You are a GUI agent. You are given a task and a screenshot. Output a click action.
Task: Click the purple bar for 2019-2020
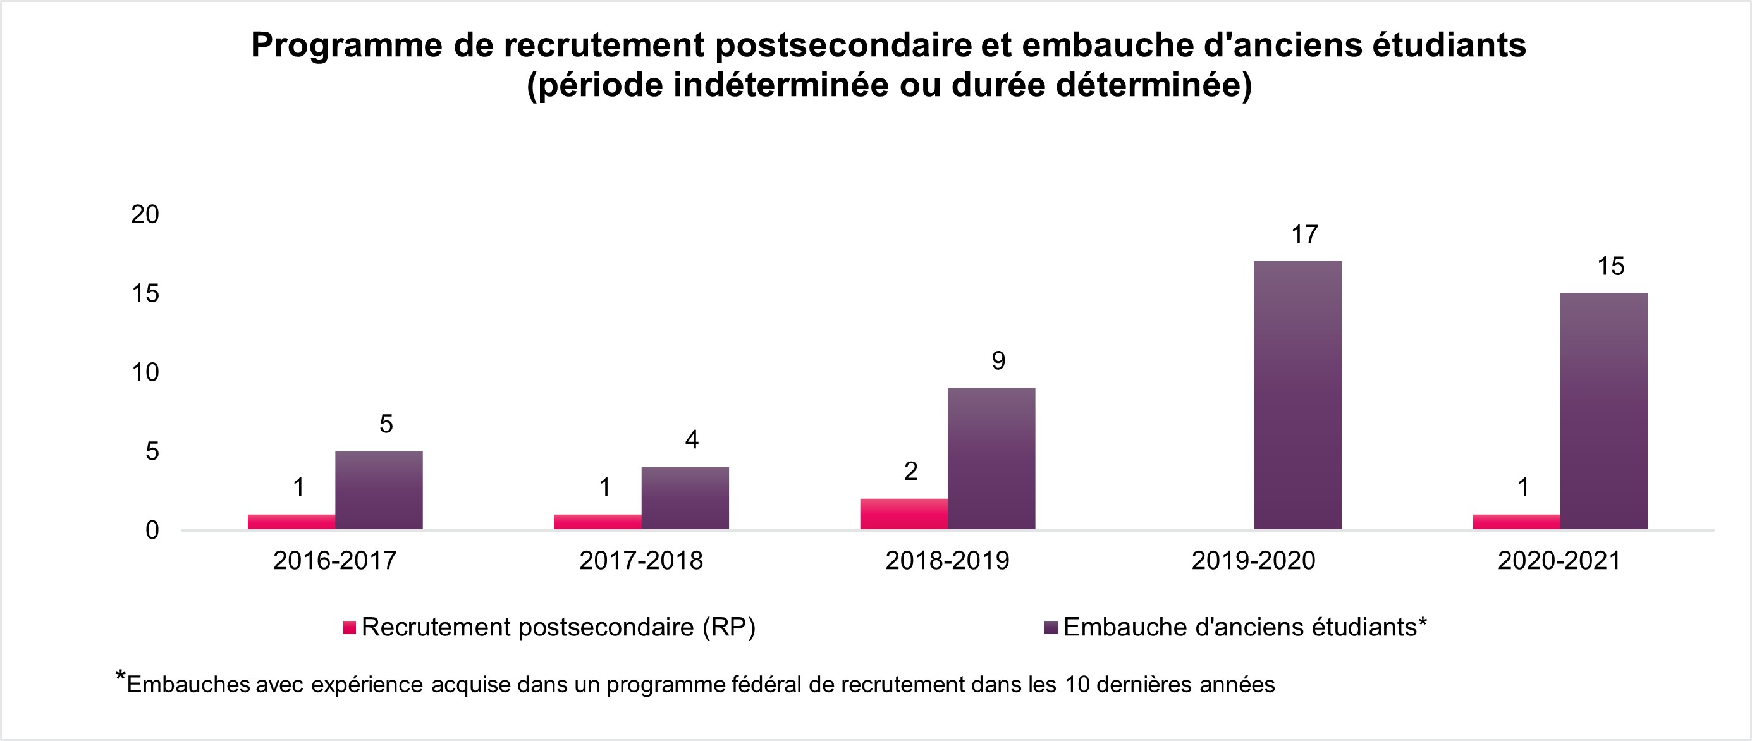(1297, 395)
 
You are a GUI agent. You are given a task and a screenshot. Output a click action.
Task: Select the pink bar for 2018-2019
(904, 514)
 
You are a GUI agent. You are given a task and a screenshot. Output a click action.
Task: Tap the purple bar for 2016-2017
(379, 490)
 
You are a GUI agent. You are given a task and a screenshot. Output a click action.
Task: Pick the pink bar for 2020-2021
(1516, 522)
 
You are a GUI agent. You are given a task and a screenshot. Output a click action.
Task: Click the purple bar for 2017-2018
(685, 498)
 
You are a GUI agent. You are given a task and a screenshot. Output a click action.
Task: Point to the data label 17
(1304, 235)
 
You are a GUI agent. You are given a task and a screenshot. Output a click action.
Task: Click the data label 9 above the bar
(998, 361)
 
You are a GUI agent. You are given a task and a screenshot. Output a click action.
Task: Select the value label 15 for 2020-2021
(1610, 266)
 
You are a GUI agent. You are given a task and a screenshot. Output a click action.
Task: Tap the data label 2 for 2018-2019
(910, 471)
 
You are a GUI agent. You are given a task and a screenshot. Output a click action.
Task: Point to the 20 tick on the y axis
(145, 215)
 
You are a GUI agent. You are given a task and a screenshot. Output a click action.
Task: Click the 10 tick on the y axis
(145, 372)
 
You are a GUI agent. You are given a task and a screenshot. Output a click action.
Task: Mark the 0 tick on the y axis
(152, 530)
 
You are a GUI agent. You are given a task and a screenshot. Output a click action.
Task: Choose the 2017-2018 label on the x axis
(640, 561)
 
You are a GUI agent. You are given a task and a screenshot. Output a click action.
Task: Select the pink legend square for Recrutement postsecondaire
(350, 627)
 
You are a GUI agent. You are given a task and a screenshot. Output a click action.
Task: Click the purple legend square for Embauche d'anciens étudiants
(1051, 627)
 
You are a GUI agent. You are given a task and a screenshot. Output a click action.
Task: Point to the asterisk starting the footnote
(120, 677)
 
